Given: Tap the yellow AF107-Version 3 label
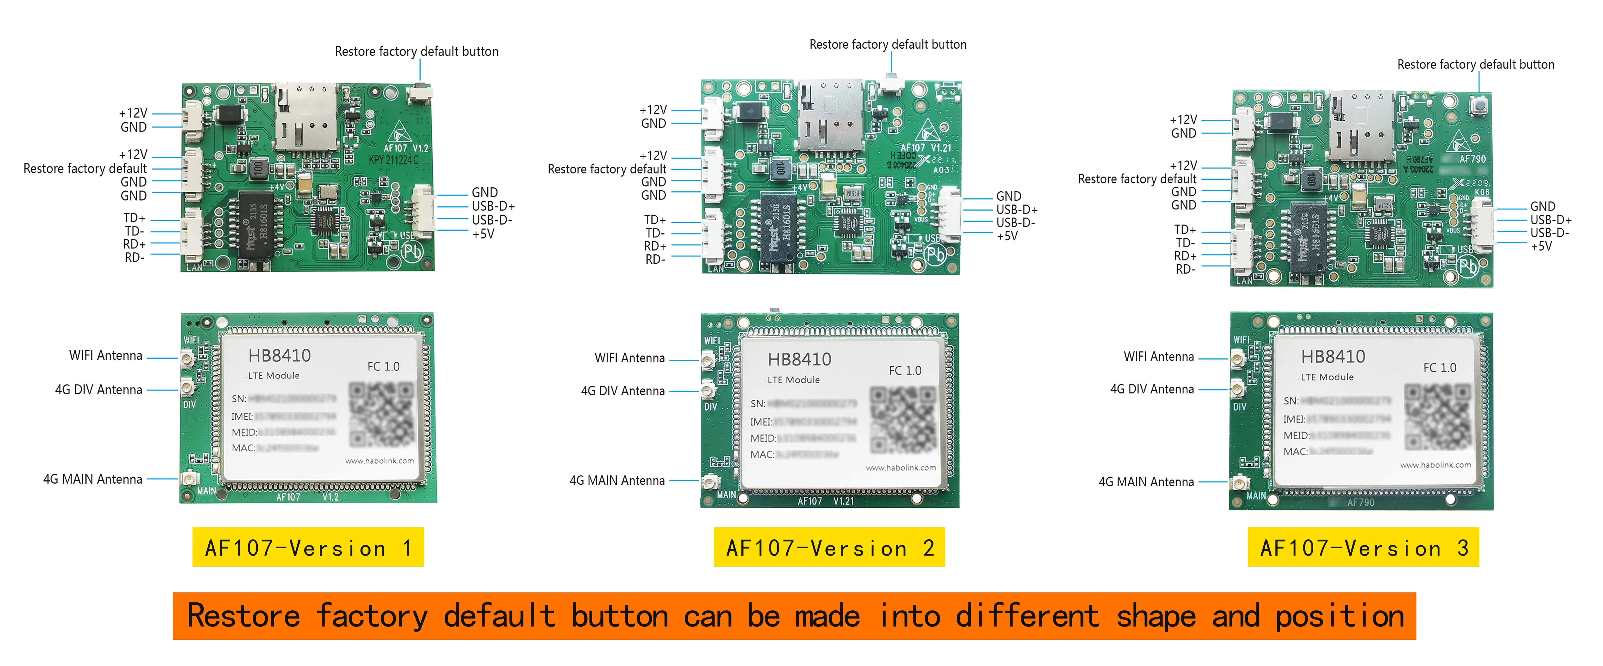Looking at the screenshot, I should point(1363,547).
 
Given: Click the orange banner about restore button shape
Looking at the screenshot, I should point(794,616).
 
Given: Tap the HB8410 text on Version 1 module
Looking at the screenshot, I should point(280,356).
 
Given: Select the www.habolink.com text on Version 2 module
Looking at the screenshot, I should point(900,468).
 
